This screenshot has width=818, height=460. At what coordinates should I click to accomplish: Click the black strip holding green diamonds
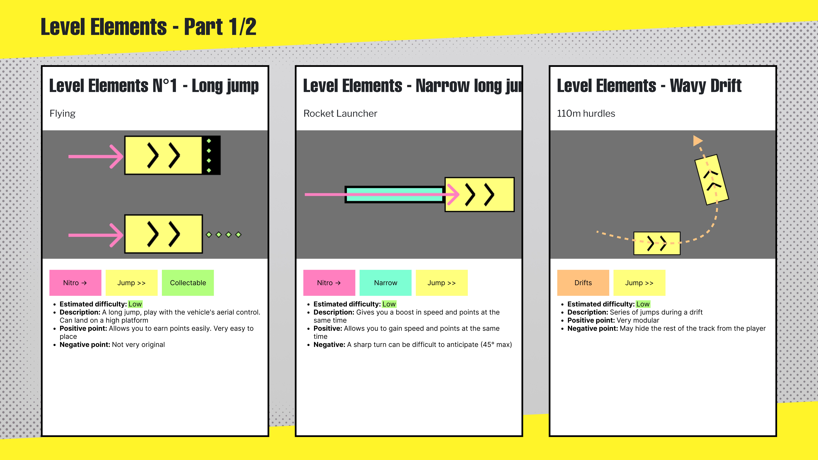click(211, 155)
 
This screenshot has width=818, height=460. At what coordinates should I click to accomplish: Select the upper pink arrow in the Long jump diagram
click(95, 156)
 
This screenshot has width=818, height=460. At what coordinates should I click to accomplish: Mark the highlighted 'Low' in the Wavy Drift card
click(643, 304)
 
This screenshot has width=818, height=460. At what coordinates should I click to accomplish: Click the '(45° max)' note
click(496, 345)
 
